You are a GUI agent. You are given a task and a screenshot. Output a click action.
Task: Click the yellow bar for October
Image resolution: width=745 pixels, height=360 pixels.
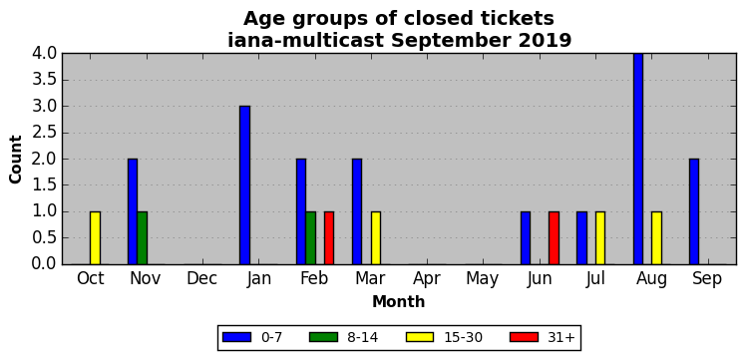tap(95, 238)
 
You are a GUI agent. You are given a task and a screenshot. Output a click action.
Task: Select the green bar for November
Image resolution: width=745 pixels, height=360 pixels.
tap(142, 238)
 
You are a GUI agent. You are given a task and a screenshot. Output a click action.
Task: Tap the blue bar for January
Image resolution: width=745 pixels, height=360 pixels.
tap(244, 185)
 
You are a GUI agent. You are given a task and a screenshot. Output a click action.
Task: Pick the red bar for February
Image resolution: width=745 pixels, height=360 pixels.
tap(329, 238)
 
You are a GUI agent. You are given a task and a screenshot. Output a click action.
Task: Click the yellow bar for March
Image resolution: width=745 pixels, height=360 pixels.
tap(376, 238)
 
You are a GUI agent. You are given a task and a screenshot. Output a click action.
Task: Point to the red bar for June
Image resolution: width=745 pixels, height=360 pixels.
tap(554, 238)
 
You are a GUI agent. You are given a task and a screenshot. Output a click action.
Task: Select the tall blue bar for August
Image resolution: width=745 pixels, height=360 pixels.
tap(638, 160)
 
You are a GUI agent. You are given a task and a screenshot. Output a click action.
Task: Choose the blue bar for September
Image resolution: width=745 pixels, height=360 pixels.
tap(694, 211)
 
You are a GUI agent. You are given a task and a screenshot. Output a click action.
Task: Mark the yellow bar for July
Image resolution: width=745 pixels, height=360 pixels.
tap(600, 238)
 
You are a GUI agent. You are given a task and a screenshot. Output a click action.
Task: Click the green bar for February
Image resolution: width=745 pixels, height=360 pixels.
tap(311, 238)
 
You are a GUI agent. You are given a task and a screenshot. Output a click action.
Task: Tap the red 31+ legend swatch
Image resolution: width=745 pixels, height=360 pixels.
tap(524, 337)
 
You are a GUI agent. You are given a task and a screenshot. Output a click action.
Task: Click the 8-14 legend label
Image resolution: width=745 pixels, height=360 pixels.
tap(363, 338)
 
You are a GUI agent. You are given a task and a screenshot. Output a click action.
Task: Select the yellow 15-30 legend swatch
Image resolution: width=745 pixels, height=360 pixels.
tap(420, 337)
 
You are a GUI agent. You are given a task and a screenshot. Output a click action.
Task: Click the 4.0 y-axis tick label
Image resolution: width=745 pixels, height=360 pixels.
tap(44, 54)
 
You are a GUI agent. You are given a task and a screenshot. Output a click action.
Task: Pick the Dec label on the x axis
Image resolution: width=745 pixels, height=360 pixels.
tap(202, 279)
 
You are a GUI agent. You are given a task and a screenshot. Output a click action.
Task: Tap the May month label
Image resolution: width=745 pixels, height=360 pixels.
tap(483, 279)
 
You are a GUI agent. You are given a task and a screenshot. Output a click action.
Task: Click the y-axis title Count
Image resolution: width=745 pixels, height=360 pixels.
tap(16, 160)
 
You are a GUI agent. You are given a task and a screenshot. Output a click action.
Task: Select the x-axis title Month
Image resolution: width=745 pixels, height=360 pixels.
tap(399, 301)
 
